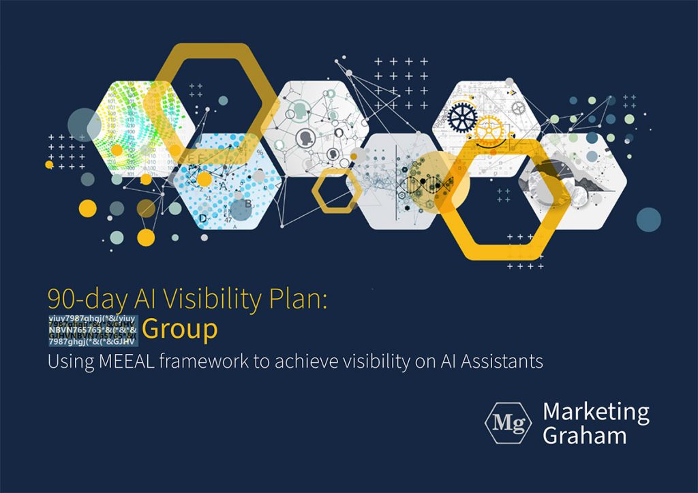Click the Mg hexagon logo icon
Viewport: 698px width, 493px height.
click(x=508, y=423)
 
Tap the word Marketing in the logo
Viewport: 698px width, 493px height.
click(x=596, y=413)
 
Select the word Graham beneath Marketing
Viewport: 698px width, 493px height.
click(x=584, y=435)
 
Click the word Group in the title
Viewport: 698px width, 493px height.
click(x=180, y=329)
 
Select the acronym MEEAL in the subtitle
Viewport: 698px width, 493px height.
click(x=129, y=361)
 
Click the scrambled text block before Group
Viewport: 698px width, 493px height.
click(x=93, y=329)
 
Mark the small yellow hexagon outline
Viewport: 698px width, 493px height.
click(x=337, y=191)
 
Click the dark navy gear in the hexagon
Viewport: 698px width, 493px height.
click(x=461, y=118)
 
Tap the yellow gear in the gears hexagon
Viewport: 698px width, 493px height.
click(x=488, y=129)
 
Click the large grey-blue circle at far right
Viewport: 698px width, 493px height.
click(x=648, y=219)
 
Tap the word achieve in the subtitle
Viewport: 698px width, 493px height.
click(x=298, y=361)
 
